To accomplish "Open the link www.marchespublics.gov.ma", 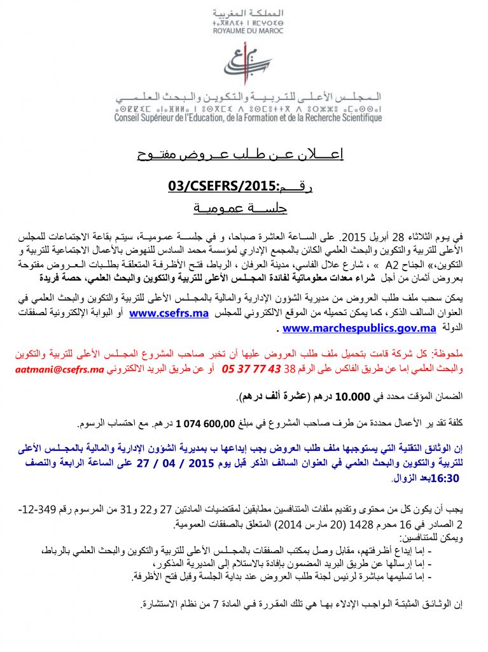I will (x=359, y=329).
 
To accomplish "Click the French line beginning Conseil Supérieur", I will (x=248, y=118).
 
